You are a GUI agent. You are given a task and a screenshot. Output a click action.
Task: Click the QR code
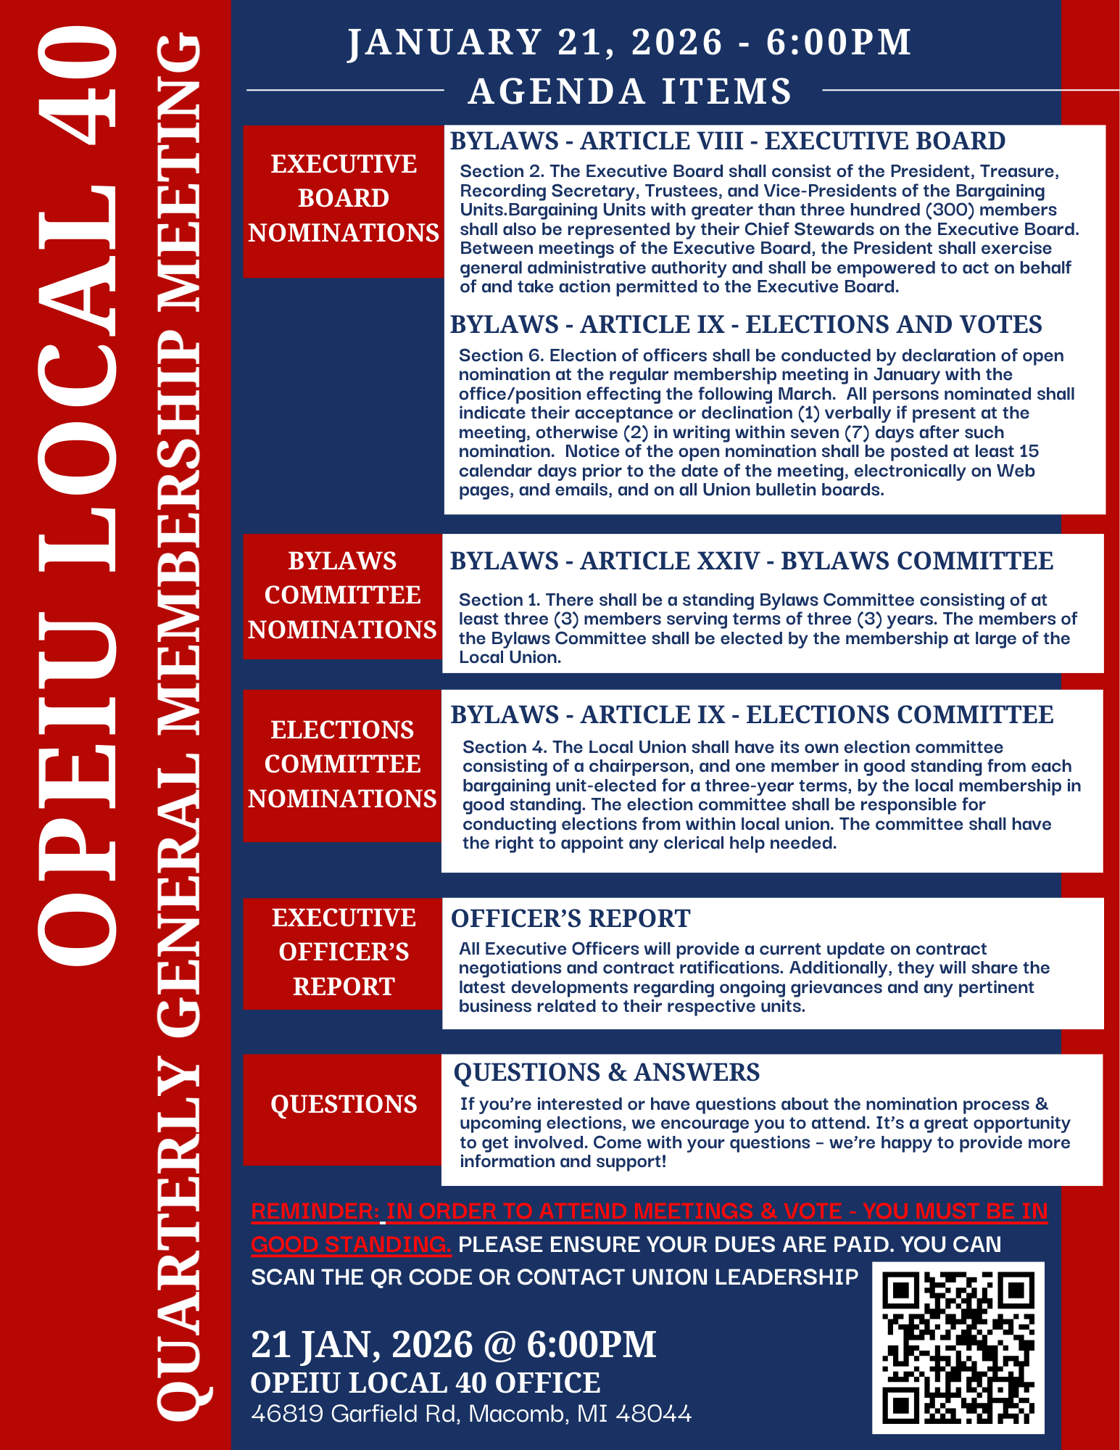[958, 1347]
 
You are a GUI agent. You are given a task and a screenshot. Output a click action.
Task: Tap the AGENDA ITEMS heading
[630, 91]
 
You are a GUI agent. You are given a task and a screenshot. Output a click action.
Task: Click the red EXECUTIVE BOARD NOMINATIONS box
[344, 199]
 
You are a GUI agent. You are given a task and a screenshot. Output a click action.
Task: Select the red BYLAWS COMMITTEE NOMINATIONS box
[342, 596]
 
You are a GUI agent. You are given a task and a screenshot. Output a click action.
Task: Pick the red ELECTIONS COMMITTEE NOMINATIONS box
[342, 765]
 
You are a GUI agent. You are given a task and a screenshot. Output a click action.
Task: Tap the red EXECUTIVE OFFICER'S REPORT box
[344, 952]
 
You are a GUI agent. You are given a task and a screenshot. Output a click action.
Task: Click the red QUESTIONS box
[344, 1105]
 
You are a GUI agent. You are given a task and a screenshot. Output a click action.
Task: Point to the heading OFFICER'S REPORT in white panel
[571, 918]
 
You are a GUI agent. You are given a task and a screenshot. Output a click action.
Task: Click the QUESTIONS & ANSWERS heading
[606, 1072]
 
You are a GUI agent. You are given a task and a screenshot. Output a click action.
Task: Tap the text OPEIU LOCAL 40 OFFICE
[426, 1383]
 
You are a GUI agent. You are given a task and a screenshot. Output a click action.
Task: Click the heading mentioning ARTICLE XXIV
[751, 561]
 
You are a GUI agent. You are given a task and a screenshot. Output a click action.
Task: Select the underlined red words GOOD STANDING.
[351, 1245]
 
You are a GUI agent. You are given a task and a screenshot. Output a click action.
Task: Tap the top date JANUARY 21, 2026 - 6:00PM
[629, 42]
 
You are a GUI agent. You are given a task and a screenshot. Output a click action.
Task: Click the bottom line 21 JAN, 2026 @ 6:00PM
[453, 1344]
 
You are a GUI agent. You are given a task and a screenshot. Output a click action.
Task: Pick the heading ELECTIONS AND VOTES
[894, 324]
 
